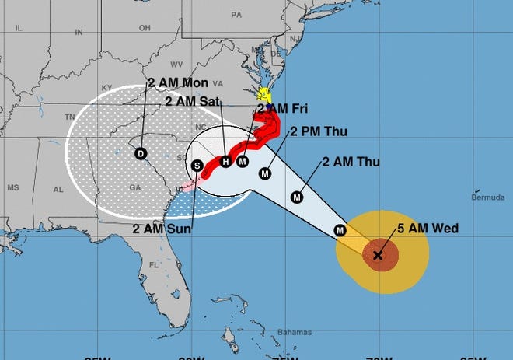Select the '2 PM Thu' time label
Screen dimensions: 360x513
pyautogui.click(x=316, y=131)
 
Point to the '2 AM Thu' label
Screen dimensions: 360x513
pyautogui.click(x=350, y=163)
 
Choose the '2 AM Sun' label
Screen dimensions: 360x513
pyautogui.click(x=161, y=228)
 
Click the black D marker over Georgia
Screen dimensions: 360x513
pyautogui.click(x=141, y=153)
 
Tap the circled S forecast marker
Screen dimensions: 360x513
pyautogui.click(x=197, y=166)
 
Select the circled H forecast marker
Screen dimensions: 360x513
pyautogui.click(x=225, y=162)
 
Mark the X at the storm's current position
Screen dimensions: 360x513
pyautogui.click(x=378, y=255)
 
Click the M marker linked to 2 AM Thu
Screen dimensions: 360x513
pyautogui.click(x=296, y=197)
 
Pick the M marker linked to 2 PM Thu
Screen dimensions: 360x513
pyautogui.click(x=265, y=173)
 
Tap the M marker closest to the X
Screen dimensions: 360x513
pyautogui.click(x=339, y=229)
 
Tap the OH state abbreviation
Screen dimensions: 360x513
pyautogui.click(x=144, y=27)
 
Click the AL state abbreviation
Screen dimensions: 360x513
pyautogui.click(x=58, y=189)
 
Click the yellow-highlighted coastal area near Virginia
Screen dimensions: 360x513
pyautogui.click(x=265, y=96)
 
